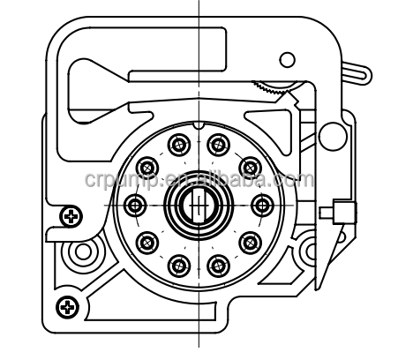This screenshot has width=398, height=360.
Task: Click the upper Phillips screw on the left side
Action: point(71,216)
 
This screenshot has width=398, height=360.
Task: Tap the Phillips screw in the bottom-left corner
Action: point(68,307)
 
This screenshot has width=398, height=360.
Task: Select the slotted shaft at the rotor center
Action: point(199,205)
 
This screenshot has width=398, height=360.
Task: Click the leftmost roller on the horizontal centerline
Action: point(135,205)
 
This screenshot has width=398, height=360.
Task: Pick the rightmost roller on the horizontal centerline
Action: point(262,206)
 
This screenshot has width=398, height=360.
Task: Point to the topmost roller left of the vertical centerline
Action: point(179,145)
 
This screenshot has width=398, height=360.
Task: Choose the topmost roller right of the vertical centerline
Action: point(218,145)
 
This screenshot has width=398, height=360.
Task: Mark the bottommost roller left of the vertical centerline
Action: point(179,266)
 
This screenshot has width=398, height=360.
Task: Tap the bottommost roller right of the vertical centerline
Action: point(218,266)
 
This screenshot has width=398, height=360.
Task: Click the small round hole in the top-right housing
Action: point(287,60)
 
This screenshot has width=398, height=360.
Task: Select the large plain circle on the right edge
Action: point(333,137)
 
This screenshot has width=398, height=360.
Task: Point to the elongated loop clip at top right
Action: point(357,72)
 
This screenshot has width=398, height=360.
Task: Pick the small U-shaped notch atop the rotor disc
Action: point(199,124)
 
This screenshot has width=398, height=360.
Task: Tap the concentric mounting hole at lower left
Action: point(84,251)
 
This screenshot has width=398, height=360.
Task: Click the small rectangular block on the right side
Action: point(344,211)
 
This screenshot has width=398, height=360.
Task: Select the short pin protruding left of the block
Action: point(327,213)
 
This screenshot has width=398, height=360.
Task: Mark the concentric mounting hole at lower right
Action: point(310,251)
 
